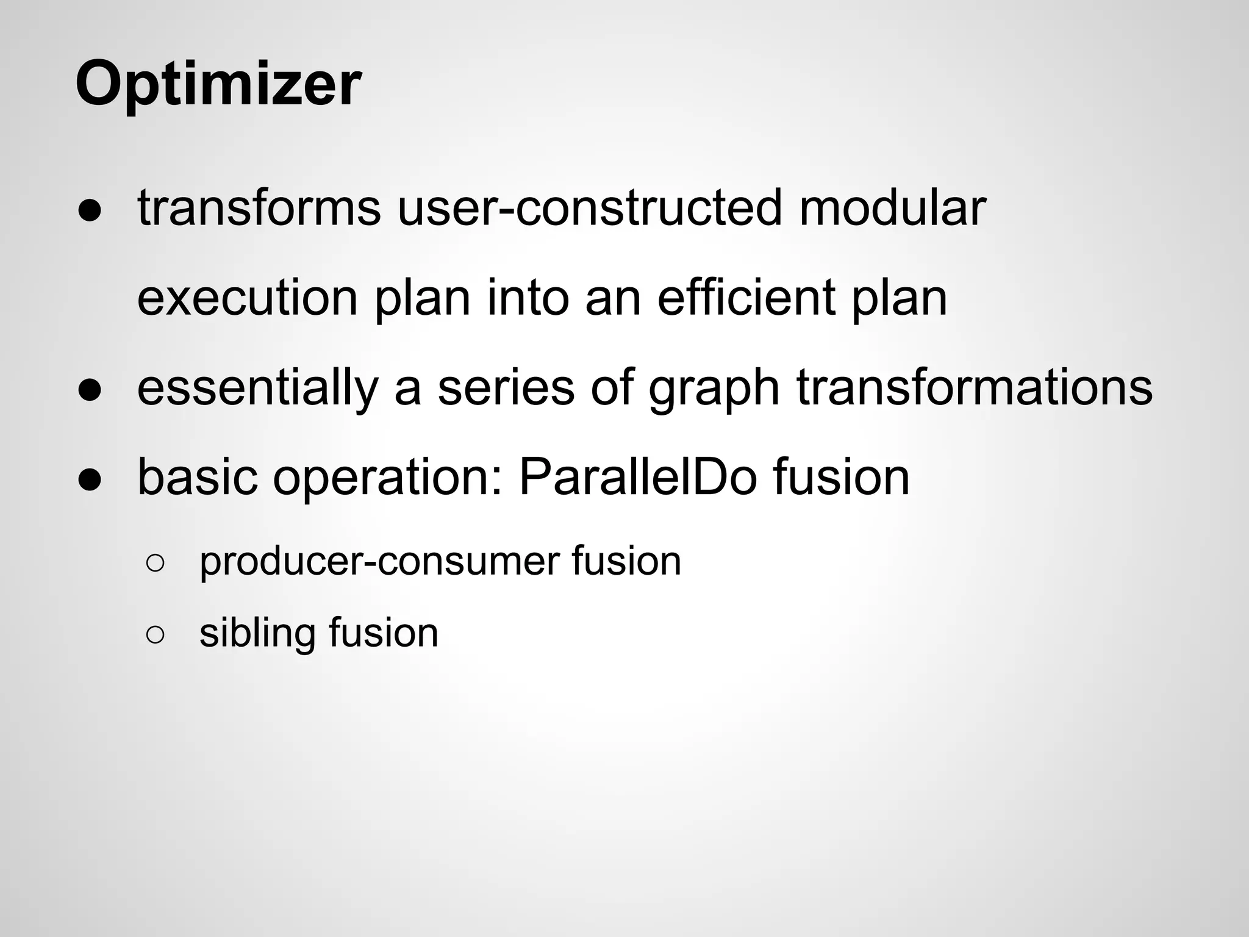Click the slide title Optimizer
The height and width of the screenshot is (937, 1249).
coord(218,84)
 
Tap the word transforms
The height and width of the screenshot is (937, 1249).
coord(259,207)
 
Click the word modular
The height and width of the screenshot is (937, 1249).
coord(892,207)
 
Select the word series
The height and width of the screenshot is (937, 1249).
coord(506,388)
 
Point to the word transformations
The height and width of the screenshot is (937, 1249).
coord(975,388)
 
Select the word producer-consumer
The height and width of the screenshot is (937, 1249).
coord(379,561)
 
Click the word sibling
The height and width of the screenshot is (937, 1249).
coord(257,633)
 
